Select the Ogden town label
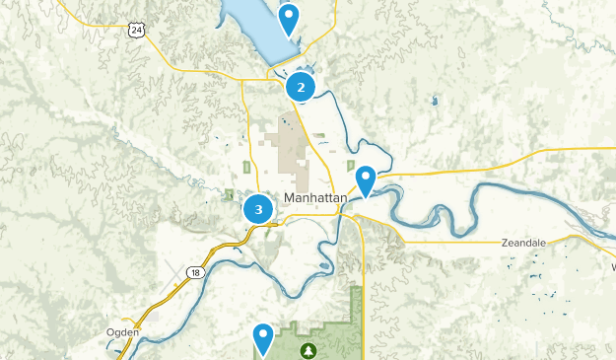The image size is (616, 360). (x=123, y=332)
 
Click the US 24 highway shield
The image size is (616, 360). (x=136, y=31)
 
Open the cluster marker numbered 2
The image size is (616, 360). (x=301, y=87)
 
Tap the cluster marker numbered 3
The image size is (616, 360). (x=258, y=209)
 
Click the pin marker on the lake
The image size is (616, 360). (x=288, y=18)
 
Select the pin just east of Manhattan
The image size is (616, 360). (x=366, y=180)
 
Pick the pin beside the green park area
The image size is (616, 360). (x=262, y=338)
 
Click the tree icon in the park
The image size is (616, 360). (x=309, y=349)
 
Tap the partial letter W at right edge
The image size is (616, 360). (x=611, y=266)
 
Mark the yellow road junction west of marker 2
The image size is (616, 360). (x=242, y=78)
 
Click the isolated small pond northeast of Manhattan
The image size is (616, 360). (x=434, y=100)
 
